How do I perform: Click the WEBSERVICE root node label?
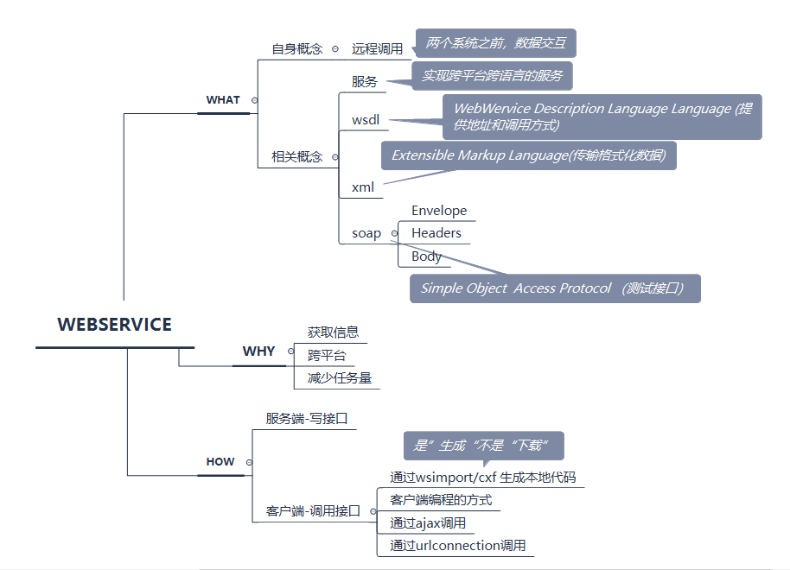pyautogui.click(x=114, y=325)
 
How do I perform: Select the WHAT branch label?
pyautogui.click(x=223, y=100)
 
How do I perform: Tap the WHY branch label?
pyautogui.click(x=258, y=351)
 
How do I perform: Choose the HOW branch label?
pyautogui.click(x=220, y=462)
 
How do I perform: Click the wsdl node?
pyautogui.click(x=366, y=120)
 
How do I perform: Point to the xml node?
pyautogui.click(x=363, y=187)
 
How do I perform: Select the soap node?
pyautogui.click(x=366, y=233)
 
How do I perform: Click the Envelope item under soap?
pyautogui.click(x=439, y=211)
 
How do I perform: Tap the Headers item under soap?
pyautogui.click(x=436, y=233)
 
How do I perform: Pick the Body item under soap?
pyautogui.click(x=427, y=256)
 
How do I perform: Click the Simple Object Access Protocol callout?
pyautogui.click(x=554, y=288)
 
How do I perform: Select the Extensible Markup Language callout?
pyautogui.click(x=528, y=155)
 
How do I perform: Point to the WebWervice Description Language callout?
pyautogui.click(x=602, y=117)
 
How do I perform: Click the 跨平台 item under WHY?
pyautogui.click(x=327, y=355)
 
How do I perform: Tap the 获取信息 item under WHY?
pyautogui.click(x=334, y=332)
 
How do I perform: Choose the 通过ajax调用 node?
pyautogui.click(x=428, y=523)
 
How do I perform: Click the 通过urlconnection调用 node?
pyautogui.click(x=457, y=546)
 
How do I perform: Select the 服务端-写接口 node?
pyautogui.click(x=307, y=419)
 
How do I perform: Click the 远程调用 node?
pyautogui.click(x=377, y=49)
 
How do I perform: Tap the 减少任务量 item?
pyautogui.click(x=340, y=378)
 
